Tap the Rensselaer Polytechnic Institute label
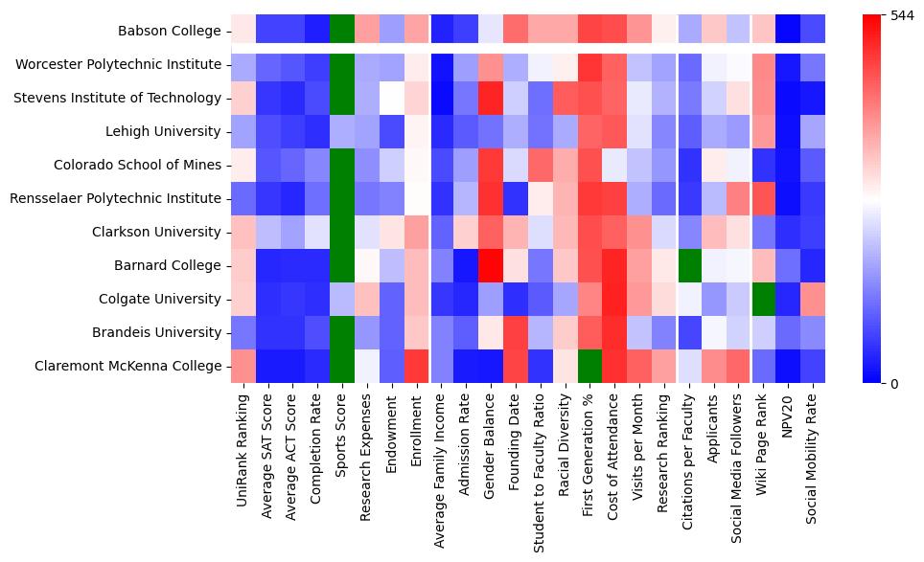(x=116, y=198)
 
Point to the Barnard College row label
(x=174, y=265)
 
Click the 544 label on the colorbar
(x=904, y=16)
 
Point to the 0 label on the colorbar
(x=895, y=384)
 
